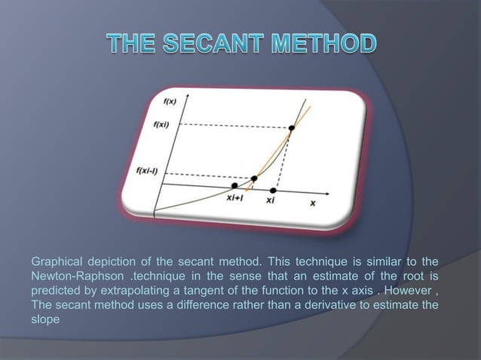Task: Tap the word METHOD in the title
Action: (325, 43)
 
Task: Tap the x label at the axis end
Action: (312, 203)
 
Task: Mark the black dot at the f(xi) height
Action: (291, 129)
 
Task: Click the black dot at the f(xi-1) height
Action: (254, 178)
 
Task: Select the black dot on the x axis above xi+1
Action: (235, 185)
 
